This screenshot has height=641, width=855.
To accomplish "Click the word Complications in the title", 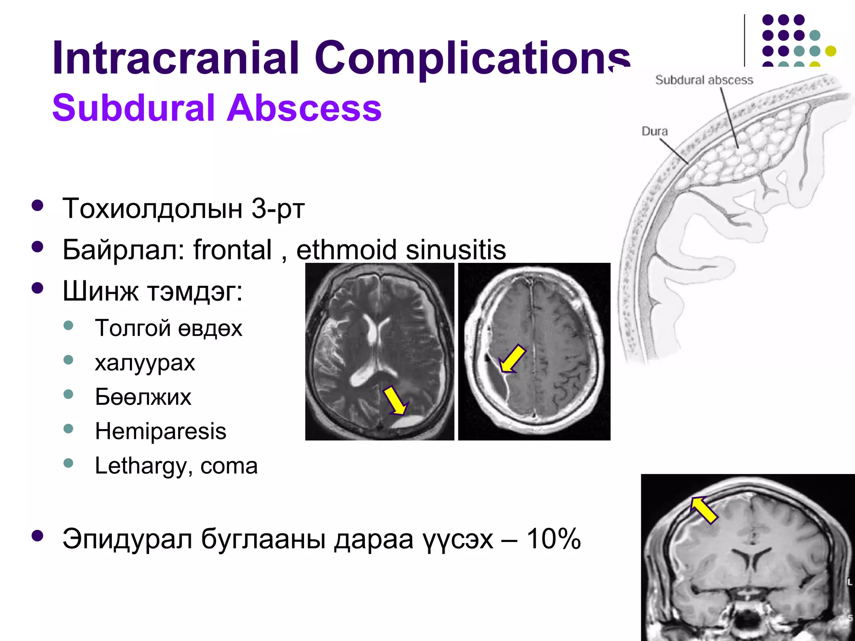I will pyautogui.click(x=472, y=58).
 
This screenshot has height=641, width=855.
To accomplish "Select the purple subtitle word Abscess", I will pyautogui.click(x=304, y=108).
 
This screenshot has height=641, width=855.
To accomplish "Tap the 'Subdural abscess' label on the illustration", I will pyautogui.click(x=704, y=80).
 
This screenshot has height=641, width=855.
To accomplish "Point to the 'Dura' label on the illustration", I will pyautogui.click(x=655, y=131).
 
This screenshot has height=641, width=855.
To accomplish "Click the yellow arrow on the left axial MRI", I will pyautogui.click(x=396, y=401).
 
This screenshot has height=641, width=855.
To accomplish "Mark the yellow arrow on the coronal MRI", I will pyautogui.click(x=703, y=510).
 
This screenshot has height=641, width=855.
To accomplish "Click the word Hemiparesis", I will pyautogui.click(x=160, y=431).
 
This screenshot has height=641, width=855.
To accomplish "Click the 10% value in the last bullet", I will pyautogui.click(x=553, y=539).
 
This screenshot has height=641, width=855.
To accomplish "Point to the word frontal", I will pyautogui.click(x=232, y=250).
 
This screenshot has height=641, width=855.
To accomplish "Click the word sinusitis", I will pyautogui.click(x=456, y=250).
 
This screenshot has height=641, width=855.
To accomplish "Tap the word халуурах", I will pyautogui.click(x=145, y=363).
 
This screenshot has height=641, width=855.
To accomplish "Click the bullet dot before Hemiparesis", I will pyautogui.click(x=68, y=429).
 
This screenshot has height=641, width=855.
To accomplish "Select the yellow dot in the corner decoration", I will pyautogui.click(x=831, y=51).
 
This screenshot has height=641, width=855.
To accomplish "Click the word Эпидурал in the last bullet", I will pyautogui.click(x=127, y=539).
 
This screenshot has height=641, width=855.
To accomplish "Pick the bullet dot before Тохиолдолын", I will pyautogui.click(x=38, y=205).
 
